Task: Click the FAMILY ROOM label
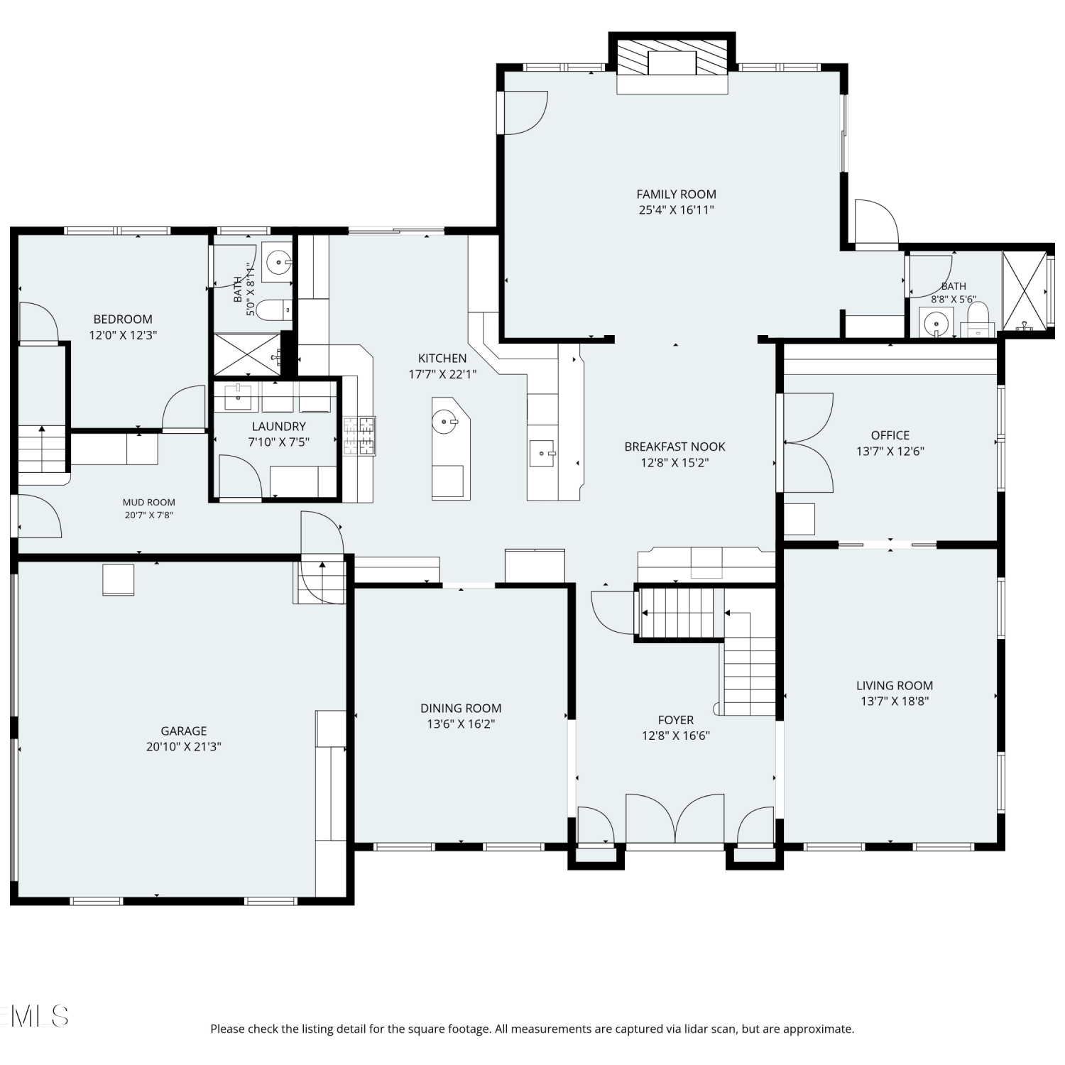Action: (676, 194)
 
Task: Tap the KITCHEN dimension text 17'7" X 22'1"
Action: (442, 374)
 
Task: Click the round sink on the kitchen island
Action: (445, 421)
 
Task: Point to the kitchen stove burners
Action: (359, 435)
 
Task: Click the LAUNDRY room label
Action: (278, 426)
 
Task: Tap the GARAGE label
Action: (184, 731)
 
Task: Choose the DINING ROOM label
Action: (461, 708)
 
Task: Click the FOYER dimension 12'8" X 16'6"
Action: (676, 736)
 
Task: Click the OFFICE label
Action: (890, 435)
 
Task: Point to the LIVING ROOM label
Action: (895, 685)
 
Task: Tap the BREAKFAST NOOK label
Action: (675, 447)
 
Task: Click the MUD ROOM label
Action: (149, 502)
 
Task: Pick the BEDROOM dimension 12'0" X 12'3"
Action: (123, 334)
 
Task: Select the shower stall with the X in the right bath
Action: (1025, 290)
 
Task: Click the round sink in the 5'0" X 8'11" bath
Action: (278, 261)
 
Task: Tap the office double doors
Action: (808, 442)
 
